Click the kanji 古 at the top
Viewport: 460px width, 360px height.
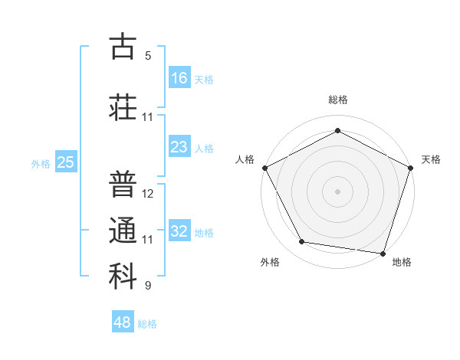123,47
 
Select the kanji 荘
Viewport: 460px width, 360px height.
123,106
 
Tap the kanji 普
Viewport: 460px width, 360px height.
123,185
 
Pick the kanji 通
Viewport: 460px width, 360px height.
123,231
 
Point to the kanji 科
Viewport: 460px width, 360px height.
123,277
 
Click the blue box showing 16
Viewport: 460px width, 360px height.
179,77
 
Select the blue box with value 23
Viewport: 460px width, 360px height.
179,147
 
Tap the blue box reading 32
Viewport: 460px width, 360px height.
179,231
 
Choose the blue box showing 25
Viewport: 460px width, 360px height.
66,162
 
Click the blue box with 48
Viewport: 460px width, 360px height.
123,322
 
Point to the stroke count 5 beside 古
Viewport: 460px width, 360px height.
148,56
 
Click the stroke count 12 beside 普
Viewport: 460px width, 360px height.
148,194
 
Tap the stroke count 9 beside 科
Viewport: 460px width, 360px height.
148,286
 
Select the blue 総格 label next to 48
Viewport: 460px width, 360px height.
147,324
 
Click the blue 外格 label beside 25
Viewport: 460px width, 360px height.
41,163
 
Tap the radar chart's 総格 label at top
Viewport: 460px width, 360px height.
337,100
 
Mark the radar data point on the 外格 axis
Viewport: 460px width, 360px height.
302,242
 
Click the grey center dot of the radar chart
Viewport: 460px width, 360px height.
337,191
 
